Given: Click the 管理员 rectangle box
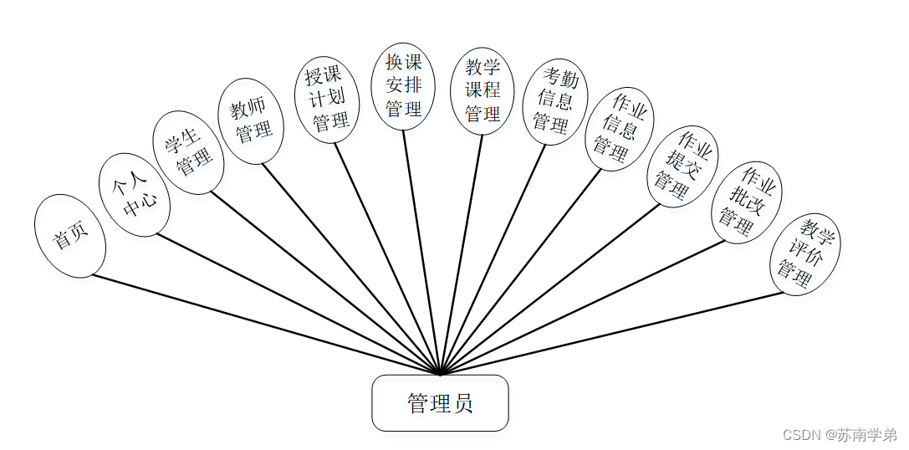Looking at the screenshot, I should tap(440, 403).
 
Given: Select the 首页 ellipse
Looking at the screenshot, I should tap(70, 236).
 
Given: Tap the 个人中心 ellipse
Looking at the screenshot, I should tap(135, 194).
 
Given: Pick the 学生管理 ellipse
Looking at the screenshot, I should tap(188, 153).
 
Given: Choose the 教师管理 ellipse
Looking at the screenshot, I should tap(251, 119).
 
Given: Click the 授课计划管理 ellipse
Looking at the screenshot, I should tap(326, 100).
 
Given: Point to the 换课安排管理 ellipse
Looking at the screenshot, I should tap(403, 86).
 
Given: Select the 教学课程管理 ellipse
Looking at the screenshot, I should tap(483, 90).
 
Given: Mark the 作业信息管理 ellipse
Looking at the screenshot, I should tap(619, 128).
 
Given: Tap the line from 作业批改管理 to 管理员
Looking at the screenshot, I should tap(585, 305).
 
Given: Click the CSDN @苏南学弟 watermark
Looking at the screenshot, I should tap(839, 435).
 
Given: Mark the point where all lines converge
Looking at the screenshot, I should tap(440, 373).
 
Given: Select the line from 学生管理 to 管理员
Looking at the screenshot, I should tap(326, 283).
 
